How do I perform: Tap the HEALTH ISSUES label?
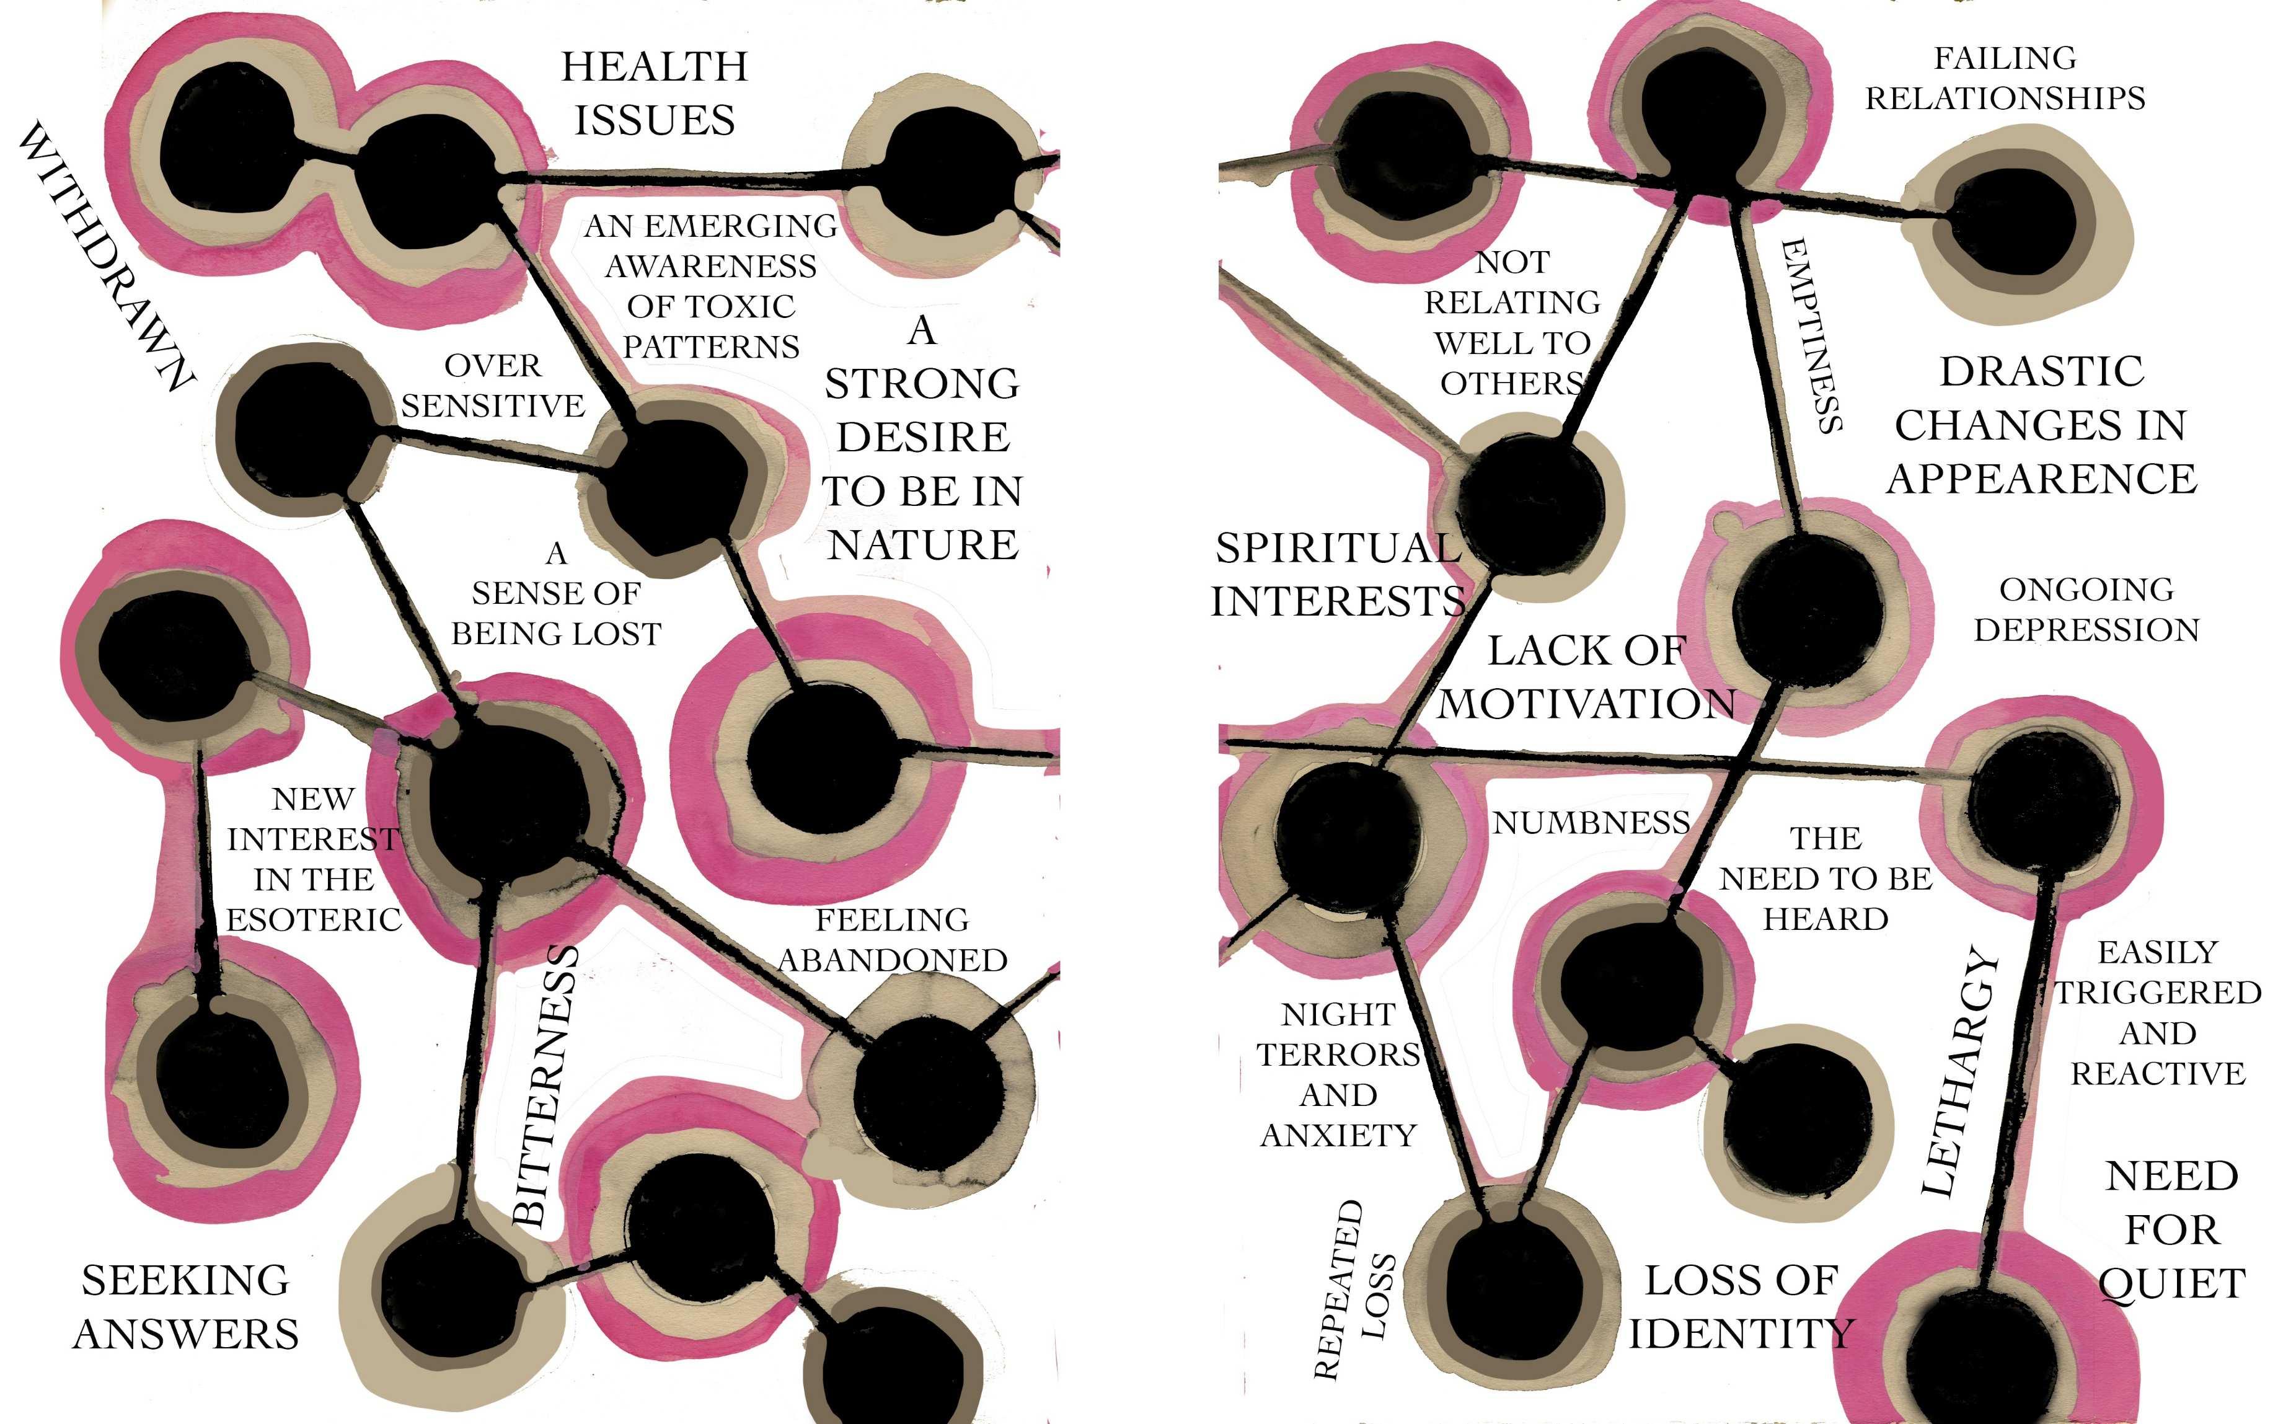[655, 93]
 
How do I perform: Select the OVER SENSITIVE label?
[493, 385]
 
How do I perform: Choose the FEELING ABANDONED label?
[892, 940]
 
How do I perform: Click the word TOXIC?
[749, 307]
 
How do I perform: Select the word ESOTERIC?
[314, 920]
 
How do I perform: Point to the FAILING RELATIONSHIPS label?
[2005, 78]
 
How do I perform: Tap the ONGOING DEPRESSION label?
[2086, 609]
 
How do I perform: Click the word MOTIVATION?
[1586, 704]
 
